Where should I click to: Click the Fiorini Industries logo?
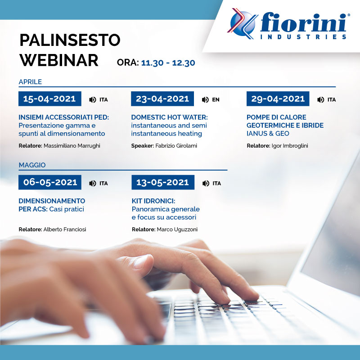[x=288, y=24]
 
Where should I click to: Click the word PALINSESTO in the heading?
[x=70, y=40]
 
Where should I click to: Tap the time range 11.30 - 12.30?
[x=168, y=63]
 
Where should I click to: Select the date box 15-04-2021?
[x=50, y=99]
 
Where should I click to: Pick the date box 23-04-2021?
[x=162, y=99]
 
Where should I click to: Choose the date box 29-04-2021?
[x=278, y=99]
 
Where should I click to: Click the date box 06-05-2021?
[x=50, y=182]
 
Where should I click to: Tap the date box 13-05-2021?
[x=163, y=182]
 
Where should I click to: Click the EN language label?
[x=216, y=99]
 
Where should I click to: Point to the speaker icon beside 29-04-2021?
[x=320, y=99]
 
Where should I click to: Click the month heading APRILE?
[x=30, y=82]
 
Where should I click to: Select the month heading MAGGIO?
[x=32, y=165]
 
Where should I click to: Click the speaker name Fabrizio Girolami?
[x=176, y=146]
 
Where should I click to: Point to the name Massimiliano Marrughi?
[x=72, y=146]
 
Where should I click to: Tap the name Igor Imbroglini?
[x=290, y=146]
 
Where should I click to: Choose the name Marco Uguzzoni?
[x=177, y=229]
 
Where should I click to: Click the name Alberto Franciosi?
[x=65, y=229]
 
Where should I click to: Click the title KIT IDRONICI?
[x=153, y=201]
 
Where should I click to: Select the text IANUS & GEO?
[x=268, y=133]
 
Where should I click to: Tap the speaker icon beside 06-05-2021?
[x=93, y=183]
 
